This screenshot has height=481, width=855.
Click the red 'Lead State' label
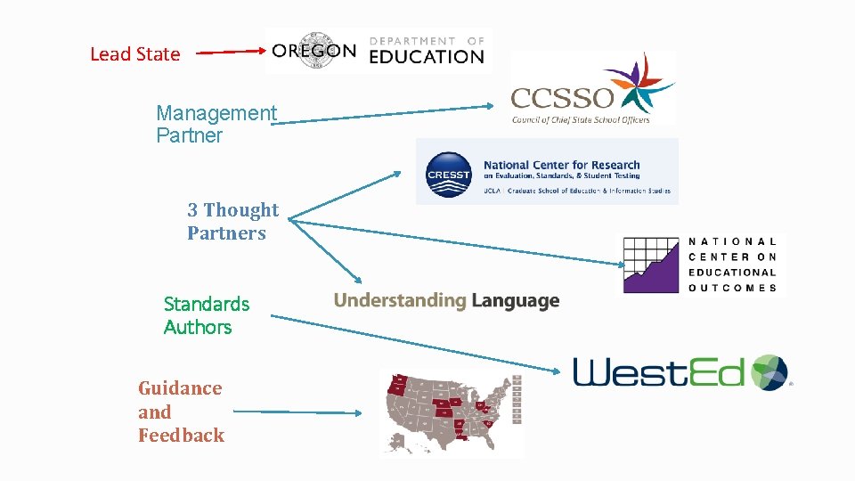(134, 53)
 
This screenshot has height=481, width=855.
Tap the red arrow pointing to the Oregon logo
(230, 53)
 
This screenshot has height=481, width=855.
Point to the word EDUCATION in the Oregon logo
(426, 57)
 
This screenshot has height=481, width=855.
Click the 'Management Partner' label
(216, 124)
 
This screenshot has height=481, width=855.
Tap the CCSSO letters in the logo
(561, 96)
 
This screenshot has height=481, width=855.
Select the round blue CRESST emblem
(448, 173)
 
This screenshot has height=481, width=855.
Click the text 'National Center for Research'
(561, 165)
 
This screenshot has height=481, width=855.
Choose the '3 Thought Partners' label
(232, 221)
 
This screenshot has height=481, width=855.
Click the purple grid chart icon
(650, 265)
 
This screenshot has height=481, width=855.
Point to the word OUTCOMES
(732, 288)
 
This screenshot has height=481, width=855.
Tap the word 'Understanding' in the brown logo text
(399, 301)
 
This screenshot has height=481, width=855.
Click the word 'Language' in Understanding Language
(515, 301)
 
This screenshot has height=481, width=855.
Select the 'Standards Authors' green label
(207, 315)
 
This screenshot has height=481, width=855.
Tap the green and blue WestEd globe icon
(769, 372)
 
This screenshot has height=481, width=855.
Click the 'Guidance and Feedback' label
(181, 412)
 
